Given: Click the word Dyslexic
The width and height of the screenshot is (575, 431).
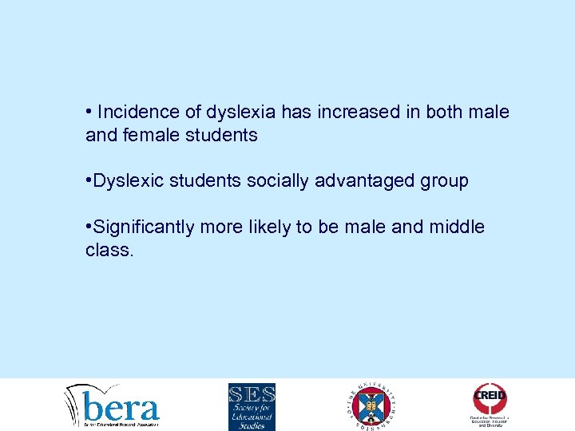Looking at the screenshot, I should pyautogui.click(x=129, y=181).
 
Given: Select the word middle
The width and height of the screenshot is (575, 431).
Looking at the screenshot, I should pyautogui.click(x=456, y=227).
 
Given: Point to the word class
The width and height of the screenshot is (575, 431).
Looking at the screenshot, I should pyautogui.click(x=110, y=251).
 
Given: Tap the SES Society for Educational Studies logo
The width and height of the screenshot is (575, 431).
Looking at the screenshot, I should pyautogui.click(x=252, y=406).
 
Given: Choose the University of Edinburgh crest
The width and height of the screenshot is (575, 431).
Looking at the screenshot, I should pyautogui.click(x=371, y=405).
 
